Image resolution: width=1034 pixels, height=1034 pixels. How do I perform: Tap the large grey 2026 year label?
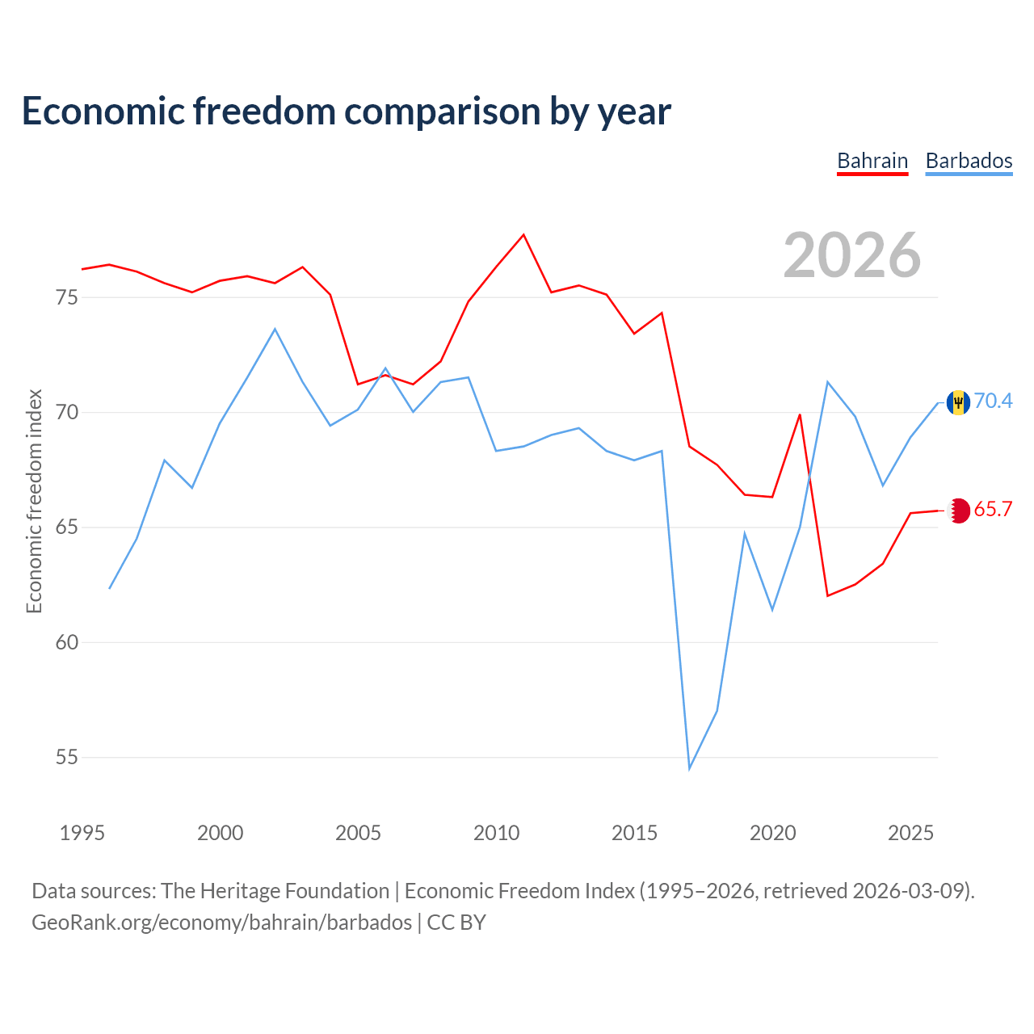point(851,255)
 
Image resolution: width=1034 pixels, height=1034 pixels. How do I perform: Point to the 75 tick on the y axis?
point(66,297)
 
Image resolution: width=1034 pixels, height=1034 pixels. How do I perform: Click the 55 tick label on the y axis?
point(66,757)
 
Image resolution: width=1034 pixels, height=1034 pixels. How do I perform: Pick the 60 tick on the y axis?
point(66,642)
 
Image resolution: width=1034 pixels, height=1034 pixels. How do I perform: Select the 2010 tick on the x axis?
point(496,833)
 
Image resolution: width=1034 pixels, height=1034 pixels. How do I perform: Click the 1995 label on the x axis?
point(82,833)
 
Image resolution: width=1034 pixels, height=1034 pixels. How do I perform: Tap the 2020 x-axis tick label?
point(773,833)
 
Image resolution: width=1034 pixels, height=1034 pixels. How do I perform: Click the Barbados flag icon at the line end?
point(958,402)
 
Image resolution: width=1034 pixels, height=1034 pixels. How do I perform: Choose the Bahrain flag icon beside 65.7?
point(958,511)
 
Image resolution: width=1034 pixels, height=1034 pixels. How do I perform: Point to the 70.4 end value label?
point(993,401)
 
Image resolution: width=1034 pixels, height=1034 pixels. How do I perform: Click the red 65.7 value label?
point(993,509)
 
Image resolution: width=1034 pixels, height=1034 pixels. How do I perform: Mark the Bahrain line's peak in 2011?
point(523,234)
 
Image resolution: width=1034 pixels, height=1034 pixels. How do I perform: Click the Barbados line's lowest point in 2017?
point(690,769)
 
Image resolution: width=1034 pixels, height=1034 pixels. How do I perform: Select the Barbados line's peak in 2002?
point(275,329)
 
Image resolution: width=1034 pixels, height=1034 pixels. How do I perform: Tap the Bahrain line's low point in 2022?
point(827,595)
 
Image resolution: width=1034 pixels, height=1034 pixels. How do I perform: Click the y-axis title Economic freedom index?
point(34,501)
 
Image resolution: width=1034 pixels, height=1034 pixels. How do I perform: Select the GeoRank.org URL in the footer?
point(221,923)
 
